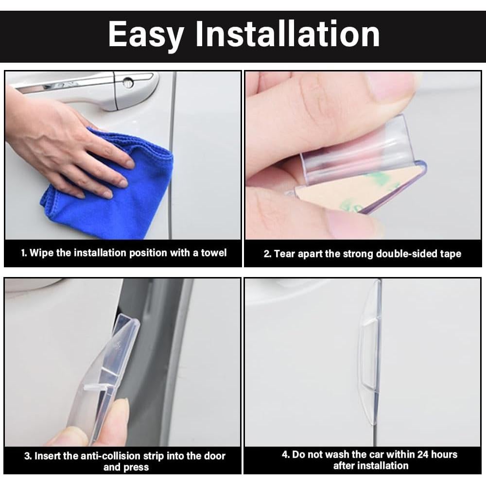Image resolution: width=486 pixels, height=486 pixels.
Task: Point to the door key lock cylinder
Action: click(x=128, y=82)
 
